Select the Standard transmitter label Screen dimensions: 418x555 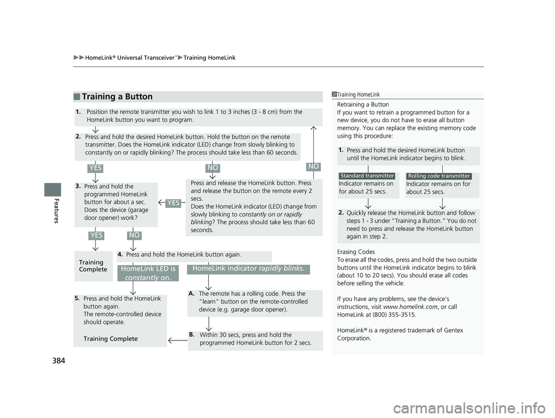tap(367, 175)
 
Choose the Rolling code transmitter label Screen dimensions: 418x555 tap(439, 176)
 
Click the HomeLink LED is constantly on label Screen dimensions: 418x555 tap(148, 273)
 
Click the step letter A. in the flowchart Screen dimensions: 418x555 tap(191, 294)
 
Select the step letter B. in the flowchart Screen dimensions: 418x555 tap(191, 334)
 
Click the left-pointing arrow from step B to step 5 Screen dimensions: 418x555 tap(177, 342)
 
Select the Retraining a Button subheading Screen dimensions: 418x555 tap(362, 104)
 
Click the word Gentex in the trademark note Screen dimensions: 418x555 tap(452, 330)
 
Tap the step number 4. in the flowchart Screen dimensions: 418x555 tap(120, 254)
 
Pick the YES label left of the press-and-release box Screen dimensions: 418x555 tap(172, 202)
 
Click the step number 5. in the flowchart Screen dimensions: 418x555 tap(77, 298)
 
